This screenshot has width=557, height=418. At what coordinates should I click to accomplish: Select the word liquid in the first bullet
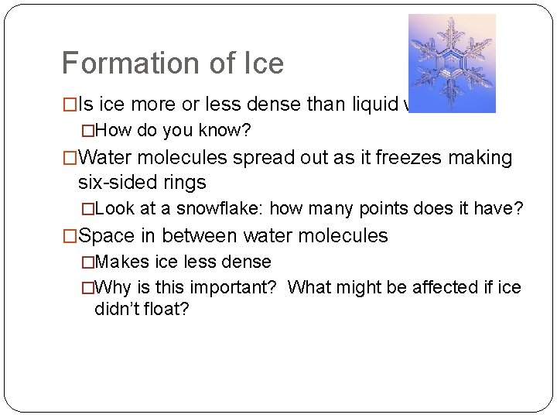pos(357,105)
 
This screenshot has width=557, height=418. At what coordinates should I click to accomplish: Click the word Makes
pos(122,262)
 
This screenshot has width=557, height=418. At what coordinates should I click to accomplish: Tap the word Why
pos(114,287)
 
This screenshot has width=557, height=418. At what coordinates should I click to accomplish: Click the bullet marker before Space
pos(70,235)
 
